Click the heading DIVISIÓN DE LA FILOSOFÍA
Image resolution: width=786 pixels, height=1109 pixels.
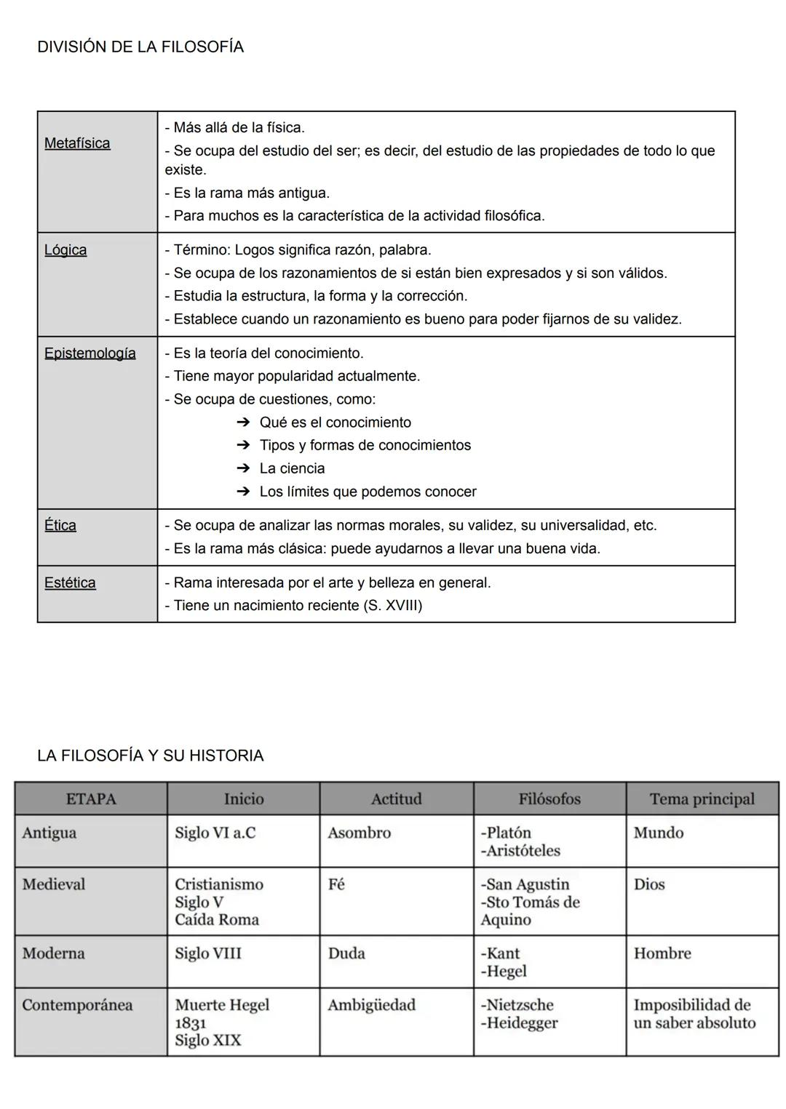[140, 47]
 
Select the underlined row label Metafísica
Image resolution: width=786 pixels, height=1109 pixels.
[77, 143]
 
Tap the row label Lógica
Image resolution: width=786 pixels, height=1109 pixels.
[65, 250]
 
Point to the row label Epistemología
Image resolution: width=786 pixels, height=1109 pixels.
[90, 353]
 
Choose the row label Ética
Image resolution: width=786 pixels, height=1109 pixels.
[60, 526]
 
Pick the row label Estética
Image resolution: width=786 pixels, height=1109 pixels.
[70, 583]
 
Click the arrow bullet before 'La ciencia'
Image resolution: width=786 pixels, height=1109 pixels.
[243, 469]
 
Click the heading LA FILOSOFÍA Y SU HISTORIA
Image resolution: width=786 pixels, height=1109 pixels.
[150, 756]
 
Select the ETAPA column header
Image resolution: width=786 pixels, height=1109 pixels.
[91, 799]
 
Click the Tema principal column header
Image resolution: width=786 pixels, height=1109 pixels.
[702, 799]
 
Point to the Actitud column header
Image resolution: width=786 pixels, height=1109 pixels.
[396, 799]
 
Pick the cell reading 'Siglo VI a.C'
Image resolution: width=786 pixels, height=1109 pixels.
[215, 833]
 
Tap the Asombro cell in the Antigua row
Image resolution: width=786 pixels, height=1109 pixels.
[359, 833]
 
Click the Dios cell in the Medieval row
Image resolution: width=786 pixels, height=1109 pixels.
[648, 885]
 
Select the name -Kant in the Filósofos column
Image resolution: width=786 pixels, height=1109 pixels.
[500, 954]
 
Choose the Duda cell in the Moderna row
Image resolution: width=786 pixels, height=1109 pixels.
[346, 954]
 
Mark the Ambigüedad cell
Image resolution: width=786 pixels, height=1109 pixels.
[371, 1006]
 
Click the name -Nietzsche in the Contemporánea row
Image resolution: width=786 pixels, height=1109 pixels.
[517, 1006]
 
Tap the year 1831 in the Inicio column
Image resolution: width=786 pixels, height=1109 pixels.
[191, 1023]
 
